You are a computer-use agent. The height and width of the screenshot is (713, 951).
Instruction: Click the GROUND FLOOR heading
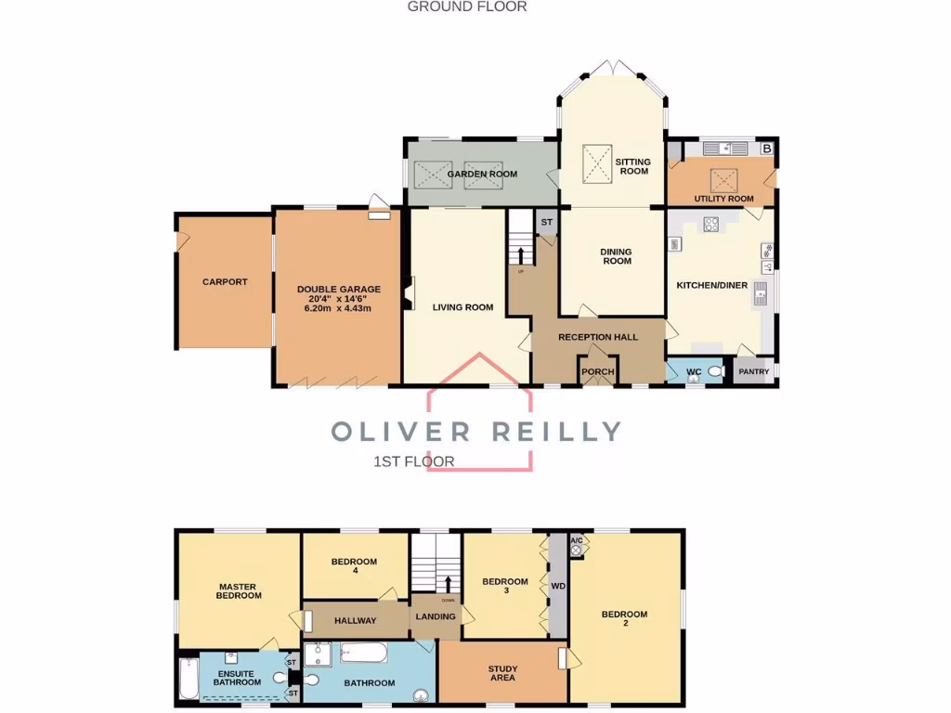467,6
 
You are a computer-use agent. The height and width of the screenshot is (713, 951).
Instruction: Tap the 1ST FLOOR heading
413,461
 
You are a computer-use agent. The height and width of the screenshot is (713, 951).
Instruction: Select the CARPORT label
225,281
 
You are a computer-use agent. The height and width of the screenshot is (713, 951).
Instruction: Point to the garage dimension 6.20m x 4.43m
337,307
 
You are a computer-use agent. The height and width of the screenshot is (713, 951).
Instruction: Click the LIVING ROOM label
462,307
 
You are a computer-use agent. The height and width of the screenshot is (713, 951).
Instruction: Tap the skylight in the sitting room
597,159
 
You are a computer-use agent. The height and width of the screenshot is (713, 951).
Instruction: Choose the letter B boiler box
766,148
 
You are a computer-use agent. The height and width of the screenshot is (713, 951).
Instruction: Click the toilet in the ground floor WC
714,371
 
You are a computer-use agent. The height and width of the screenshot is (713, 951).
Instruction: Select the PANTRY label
753,372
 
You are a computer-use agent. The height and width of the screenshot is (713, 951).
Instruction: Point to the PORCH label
597,372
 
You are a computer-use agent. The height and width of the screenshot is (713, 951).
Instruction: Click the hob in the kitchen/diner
711,223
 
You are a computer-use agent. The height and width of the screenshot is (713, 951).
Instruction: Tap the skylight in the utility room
723,178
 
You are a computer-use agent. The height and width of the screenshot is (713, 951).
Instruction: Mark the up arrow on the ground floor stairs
521,254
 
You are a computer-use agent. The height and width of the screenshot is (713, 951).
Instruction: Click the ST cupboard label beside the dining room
546,222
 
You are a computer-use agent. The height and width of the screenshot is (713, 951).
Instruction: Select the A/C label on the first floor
576,540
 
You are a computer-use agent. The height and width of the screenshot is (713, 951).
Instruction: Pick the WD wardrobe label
558,587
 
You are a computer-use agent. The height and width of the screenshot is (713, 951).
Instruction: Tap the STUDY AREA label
502,672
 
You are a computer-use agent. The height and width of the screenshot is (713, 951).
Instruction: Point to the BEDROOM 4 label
354,565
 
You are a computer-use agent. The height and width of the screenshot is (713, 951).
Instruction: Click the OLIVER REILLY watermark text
476,432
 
